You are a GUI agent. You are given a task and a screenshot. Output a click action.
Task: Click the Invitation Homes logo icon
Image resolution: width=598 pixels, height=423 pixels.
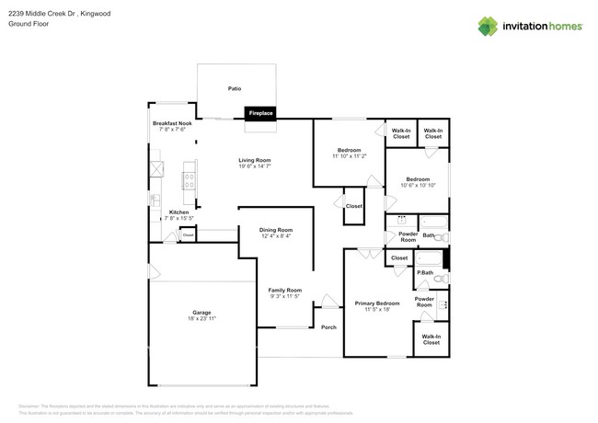click(488, 26)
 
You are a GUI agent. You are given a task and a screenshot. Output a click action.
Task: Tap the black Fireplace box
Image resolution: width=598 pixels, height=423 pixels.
click(260, 113)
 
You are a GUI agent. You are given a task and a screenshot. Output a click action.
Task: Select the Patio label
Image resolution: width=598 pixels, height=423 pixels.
click(235, 88)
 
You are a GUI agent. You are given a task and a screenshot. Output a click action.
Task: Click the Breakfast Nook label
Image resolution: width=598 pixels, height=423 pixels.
click(172, 123)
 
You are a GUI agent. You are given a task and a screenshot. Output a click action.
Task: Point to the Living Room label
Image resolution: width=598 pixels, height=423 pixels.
click(255, 160)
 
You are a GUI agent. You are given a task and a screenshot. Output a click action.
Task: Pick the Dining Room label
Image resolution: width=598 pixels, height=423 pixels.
click(277, 230)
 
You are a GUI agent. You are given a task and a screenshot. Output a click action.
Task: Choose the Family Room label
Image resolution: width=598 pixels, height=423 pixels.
click(285, 290)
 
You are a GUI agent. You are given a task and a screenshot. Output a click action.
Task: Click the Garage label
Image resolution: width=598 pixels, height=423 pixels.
click(201, 312)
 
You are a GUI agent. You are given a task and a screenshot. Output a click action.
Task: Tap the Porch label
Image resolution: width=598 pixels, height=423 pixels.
click(328, 327)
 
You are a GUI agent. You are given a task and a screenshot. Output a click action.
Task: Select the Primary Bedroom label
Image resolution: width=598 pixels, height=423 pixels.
click(377, 303)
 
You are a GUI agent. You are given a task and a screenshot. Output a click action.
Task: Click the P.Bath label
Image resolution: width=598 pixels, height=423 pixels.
click(425, 272)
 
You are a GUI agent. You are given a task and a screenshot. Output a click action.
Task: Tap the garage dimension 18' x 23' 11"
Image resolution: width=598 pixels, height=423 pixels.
click(201, 318)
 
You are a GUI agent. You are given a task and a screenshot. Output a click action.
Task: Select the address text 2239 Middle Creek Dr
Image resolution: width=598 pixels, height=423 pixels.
click(47, 14)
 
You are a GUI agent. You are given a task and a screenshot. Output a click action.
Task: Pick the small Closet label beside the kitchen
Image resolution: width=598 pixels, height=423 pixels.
click(188, 235)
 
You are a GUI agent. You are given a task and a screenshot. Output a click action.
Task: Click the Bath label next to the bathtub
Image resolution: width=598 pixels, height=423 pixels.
click(428, 235)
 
